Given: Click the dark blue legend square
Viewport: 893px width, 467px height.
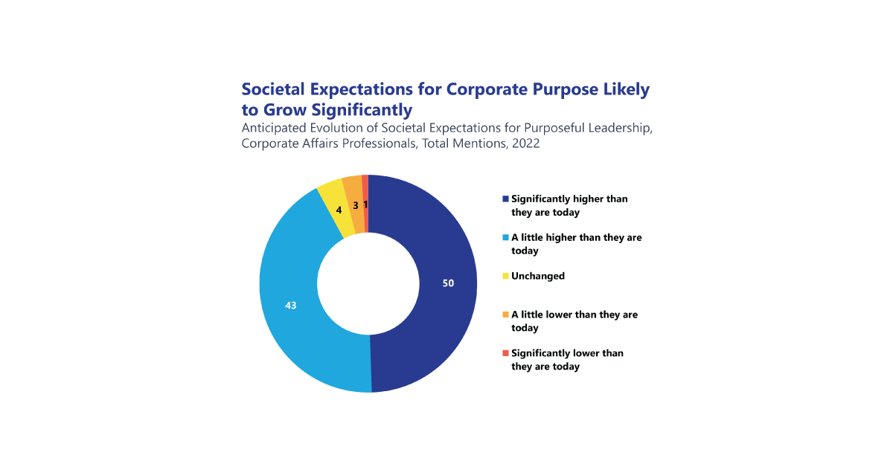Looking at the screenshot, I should coord(506,199).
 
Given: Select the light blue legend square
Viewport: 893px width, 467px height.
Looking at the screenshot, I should coord(506,238).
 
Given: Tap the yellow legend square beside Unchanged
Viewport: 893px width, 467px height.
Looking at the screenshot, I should coord(506,277).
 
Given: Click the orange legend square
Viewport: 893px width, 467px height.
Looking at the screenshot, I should coord(506,315).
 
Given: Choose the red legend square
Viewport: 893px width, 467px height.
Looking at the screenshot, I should coord(506,353).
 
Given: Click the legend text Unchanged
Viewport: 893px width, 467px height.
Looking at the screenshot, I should coord(538,276).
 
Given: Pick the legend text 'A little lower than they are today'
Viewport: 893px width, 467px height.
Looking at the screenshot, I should coord(574,321).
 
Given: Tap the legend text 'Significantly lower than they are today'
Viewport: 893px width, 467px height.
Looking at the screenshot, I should coord(566,360).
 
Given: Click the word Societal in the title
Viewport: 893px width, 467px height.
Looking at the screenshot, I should coord(272,90).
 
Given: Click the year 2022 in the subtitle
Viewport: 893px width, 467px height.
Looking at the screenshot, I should coord(523,144).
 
